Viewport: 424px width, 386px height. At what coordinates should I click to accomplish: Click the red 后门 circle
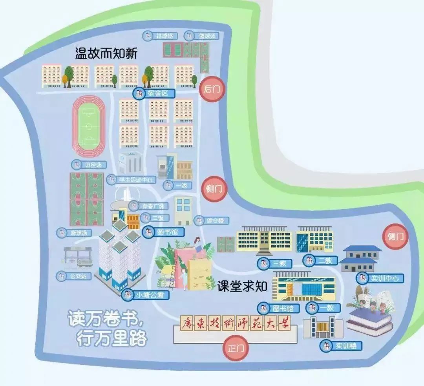coord(213,89)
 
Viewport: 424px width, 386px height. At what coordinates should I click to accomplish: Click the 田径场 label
coord(89,164)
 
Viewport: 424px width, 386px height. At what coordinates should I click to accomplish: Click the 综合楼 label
coord(212,220)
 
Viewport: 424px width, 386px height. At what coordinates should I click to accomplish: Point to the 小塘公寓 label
coord(142,294)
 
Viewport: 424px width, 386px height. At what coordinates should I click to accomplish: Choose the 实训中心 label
coord(379,278)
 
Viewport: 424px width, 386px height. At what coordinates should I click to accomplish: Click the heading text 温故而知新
coord(106,53)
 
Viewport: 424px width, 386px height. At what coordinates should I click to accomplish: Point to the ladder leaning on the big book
coord(172,272)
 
